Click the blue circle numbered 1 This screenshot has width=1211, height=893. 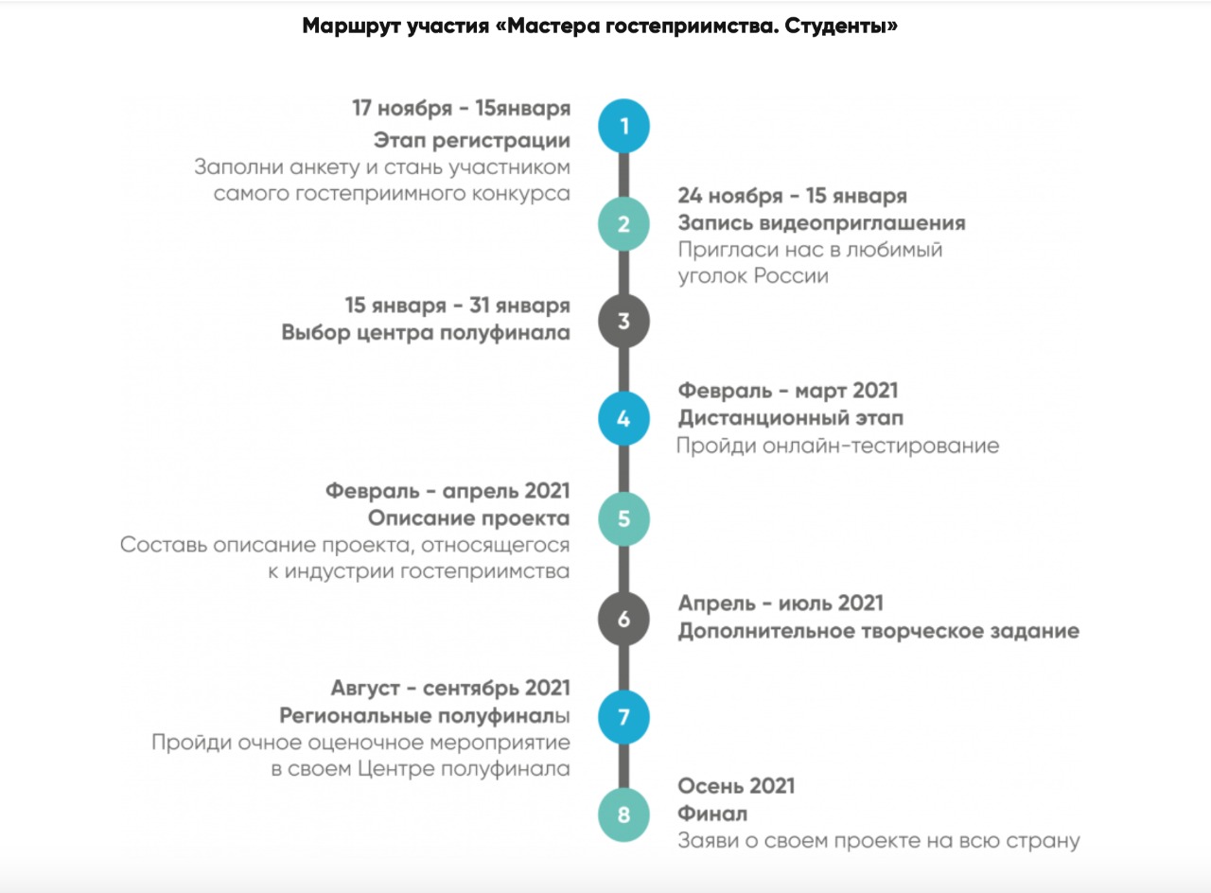623,126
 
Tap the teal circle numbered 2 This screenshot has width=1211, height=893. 623,224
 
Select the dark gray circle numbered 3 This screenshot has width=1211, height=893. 623,322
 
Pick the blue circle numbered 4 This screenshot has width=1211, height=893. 623,419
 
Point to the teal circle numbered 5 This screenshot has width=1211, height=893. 623,518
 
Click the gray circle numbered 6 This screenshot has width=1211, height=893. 623,620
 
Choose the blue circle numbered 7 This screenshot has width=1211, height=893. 623,717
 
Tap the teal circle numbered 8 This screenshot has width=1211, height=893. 623,814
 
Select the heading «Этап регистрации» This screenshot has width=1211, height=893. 472,141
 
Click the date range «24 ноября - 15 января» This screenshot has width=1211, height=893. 792,196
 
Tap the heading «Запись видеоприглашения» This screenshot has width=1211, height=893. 821,223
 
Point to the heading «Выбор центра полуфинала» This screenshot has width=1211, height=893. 426,333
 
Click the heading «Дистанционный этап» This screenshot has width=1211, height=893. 790,418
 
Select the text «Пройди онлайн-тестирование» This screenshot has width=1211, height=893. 837,446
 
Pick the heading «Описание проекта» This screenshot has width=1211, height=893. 468,518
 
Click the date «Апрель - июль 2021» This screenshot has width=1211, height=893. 781,604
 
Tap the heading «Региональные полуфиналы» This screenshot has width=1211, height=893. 425,715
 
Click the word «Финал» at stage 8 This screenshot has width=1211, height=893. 712,814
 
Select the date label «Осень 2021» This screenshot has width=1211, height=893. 736,786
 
